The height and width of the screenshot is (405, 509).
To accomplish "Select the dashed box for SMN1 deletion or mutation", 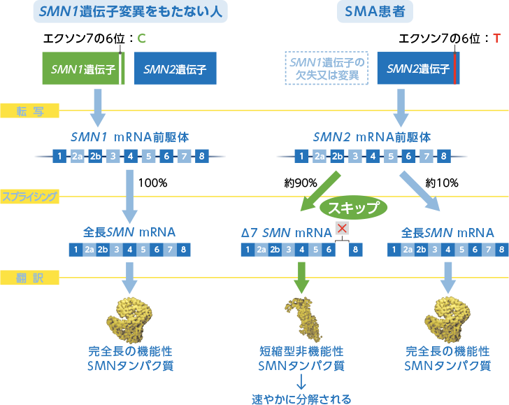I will point(327,69).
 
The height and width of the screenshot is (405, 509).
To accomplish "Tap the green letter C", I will point(142,37).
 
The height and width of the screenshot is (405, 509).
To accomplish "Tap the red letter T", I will point(496,37).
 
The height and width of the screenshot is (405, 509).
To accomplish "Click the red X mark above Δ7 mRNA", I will point(342,228).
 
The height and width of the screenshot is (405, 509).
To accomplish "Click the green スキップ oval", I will point(353,207).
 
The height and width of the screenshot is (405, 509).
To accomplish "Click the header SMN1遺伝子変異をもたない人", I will point(116,11).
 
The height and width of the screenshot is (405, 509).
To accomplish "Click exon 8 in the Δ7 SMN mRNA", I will point(356,249).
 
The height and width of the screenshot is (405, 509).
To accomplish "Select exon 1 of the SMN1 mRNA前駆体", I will point(61,156).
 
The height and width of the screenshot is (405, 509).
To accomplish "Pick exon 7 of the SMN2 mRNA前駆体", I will point(424,156).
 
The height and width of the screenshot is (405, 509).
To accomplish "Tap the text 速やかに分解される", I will point(301,399).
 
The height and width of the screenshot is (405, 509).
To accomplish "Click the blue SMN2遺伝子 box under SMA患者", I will point(418,69).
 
